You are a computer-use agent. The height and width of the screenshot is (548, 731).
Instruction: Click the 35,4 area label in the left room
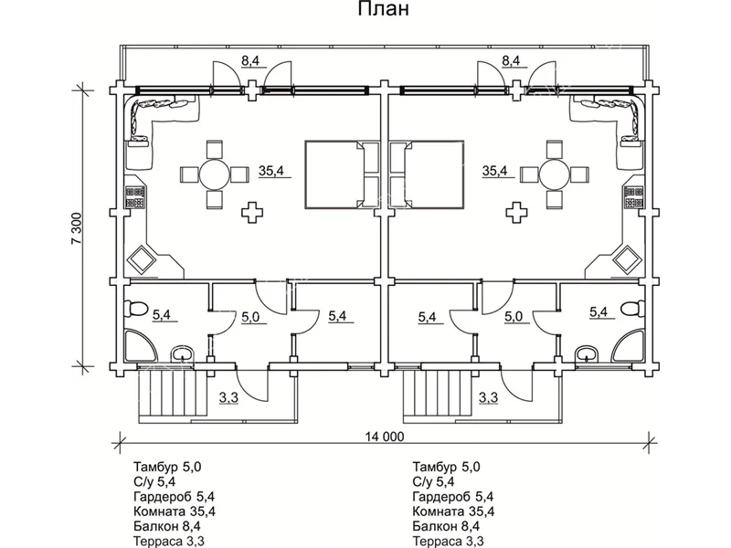click(271, 171)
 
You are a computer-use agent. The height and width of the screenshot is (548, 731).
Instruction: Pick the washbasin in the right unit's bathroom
click(586, 353)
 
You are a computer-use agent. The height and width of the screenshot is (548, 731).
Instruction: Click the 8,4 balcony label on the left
click(250, 61)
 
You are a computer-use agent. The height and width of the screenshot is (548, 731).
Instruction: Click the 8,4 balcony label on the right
click(511, 61)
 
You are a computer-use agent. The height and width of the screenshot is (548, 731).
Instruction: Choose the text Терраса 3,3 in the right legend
click(449, 541)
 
